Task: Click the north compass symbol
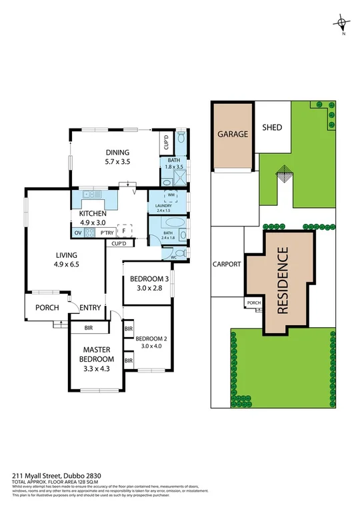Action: [342, 26]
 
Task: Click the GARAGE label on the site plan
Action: [233, 134]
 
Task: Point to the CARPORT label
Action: [226, 264]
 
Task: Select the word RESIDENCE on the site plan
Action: [282, 280]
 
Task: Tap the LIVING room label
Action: [67, 254]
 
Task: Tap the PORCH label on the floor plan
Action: [47, 307]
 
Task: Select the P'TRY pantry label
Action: [105, 233]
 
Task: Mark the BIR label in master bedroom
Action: [89, 328]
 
